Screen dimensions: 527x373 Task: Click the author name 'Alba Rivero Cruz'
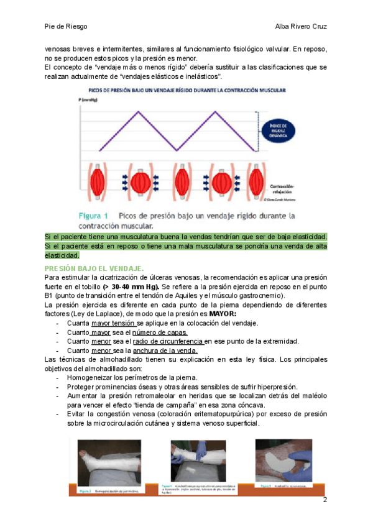(301, 27)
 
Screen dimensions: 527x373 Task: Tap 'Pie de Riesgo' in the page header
(66, 27)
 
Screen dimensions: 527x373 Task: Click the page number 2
(325, 500)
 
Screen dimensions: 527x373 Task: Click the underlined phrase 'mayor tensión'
(113, 323)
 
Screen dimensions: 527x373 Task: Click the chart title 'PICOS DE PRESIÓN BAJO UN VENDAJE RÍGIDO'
(184, 91)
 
